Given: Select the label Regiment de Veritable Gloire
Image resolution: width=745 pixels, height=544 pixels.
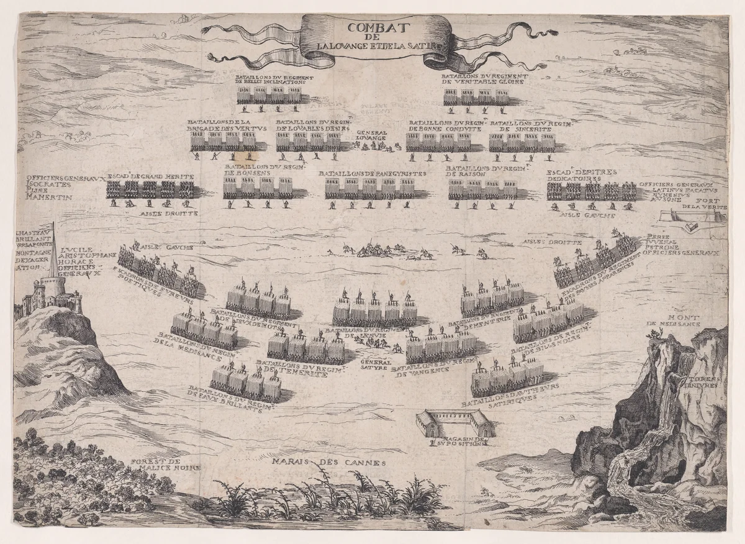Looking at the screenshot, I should tap(476, 81).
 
